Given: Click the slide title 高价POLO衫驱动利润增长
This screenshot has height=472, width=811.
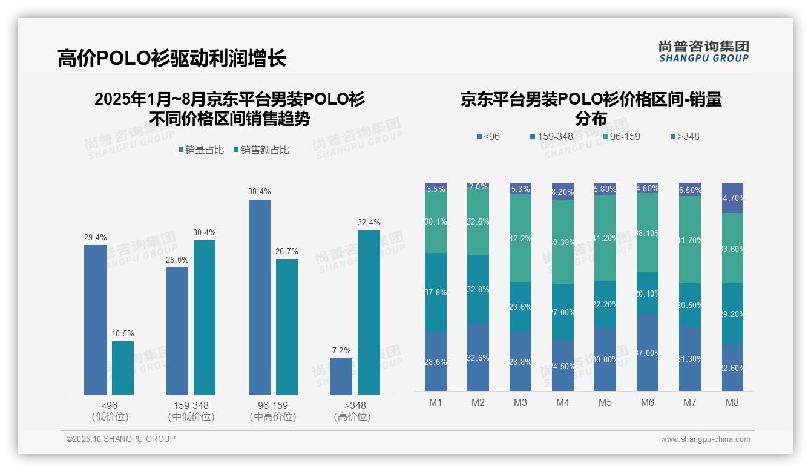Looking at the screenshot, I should click(172, 58).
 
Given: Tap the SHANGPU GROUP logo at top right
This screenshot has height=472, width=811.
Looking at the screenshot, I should click(703, 51).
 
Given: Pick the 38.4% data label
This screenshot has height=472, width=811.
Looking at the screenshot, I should click(259, 192).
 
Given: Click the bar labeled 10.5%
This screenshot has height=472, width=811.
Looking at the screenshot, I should click(123, 368).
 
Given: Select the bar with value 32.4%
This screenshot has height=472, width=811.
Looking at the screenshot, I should click(369, 312).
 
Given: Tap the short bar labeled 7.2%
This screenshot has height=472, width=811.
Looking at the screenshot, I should click(341, 376).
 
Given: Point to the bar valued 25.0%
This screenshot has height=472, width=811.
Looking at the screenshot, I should click(177, 330).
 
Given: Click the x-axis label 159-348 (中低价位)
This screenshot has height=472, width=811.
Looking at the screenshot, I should click(191, 411).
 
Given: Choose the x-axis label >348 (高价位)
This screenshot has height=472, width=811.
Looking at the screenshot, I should click(352, 411).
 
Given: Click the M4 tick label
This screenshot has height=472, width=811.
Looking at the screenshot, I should click(563, 402).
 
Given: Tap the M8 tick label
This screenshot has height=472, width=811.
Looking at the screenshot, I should click(732, 402).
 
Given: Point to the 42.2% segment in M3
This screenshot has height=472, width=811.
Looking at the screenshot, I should click(520, 238).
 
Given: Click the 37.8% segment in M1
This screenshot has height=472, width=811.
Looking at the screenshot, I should click(436, 292).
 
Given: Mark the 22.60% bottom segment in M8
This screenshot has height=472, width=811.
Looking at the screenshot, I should click(732, 368).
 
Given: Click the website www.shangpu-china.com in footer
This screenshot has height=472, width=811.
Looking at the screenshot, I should click(705, 439).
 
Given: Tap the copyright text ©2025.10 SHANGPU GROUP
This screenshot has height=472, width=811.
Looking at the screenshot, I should click(121, 439).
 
